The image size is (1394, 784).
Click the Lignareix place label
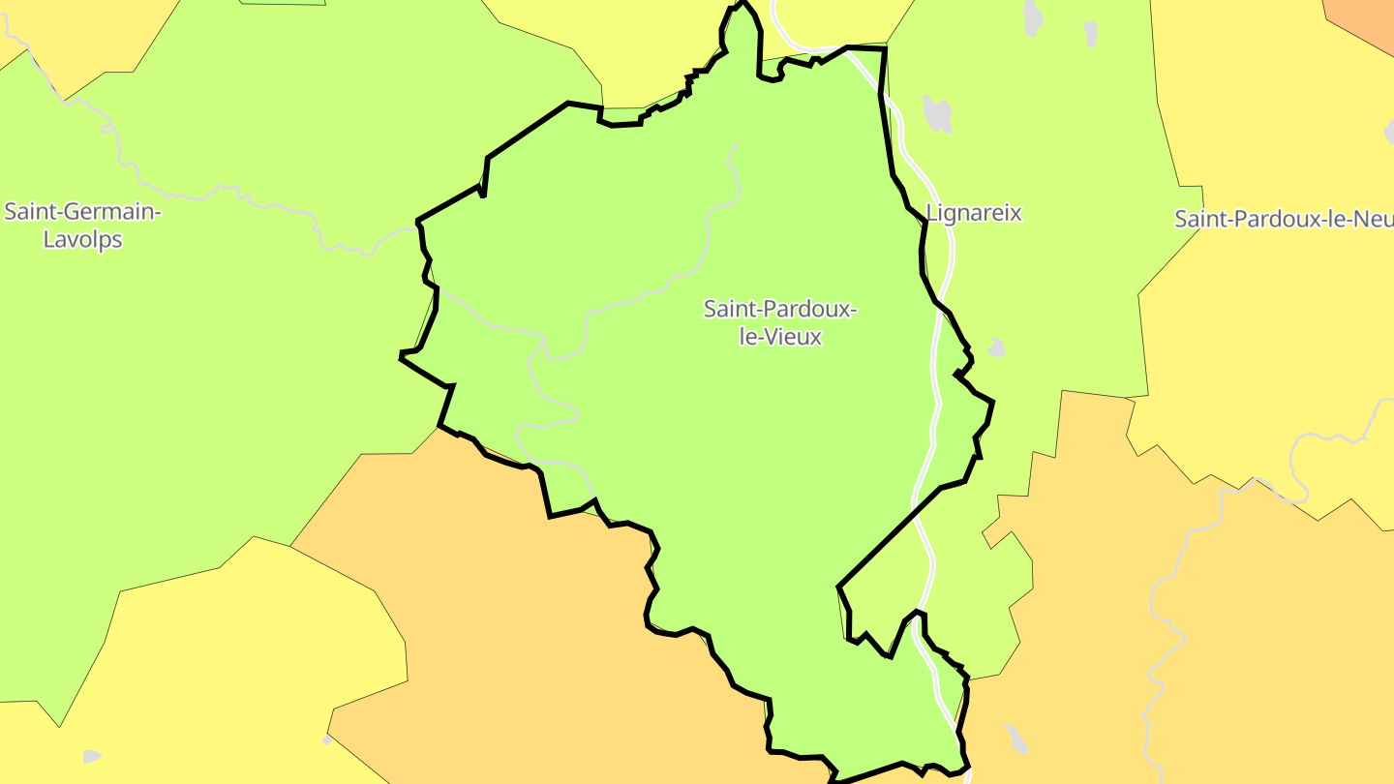974,213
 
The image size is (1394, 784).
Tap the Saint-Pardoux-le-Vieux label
779,323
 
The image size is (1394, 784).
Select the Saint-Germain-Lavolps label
82,226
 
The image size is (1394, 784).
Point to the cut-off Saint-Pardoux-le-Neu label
1284,219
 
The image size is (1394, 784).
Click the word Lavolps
83,239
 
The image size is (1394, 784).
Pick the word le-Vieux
779,338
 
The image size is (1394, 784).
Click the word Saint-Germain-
82,212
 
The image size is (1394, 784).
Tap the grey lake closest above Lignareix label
937,113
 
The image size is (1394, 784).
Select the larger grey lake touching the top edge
1033,14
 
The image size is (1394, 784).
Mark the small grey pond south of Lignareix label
995,347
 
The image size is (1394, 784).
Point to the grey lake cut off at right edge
1389,131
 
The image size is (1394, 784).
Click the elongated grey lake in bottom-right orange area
1015,739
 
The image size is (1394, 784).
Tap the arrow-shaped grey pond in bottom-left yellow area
92,755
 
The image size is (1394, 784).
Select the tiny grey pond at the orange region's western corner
327,739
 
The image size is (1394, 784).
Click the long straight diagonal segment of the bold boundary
889,537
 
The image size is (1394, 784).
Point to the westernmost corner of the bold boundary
401,357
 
